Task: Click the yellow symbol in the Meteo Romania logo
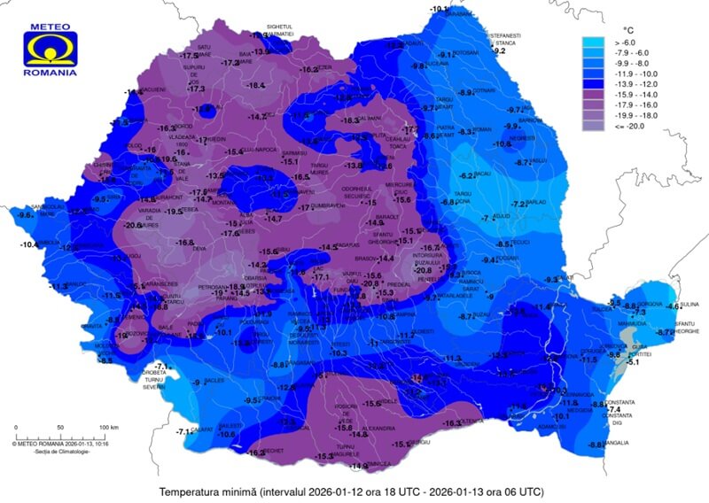(51, 50)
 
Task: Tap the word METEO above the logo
(51, 27)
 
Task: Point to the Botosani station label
(466, 52)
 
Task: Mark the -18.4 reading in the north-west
(255, 85)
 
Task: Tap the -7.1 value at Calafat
(184, 431)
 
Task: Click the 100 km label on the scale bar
(108, 428)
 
